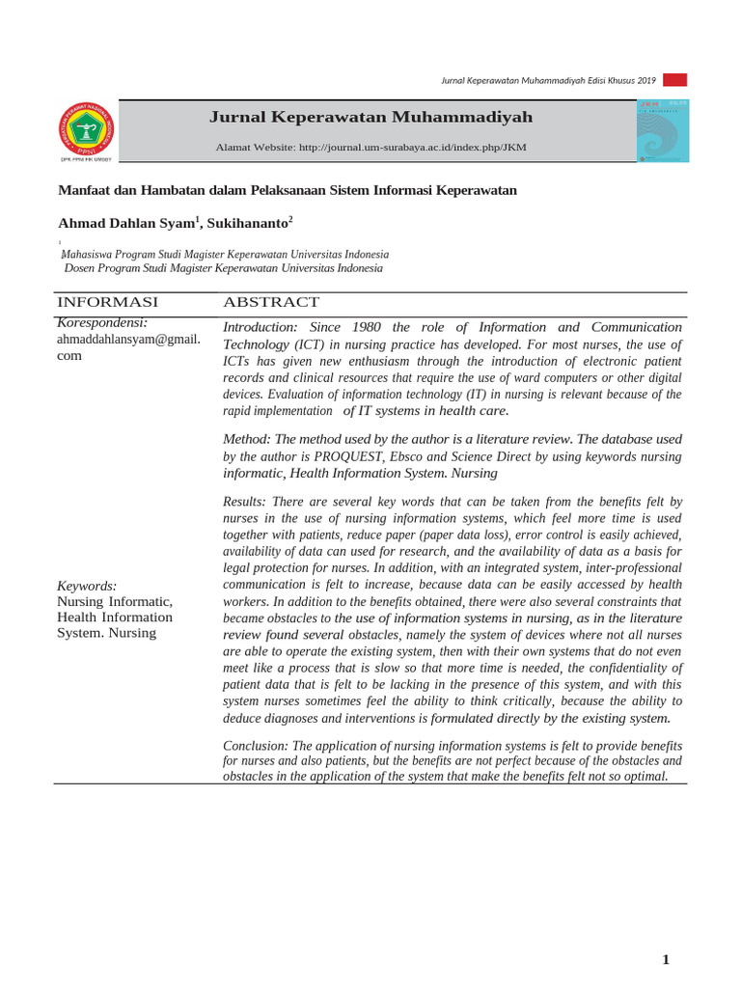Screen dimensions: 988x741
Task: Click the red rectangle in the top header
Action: (674, 80)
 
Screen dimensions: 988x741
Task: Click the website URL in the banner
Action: (413, 148)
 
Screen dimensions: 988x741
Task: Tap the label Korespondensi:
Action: (102, 322)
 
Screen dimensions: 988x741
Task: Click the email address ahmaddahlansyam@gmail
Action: (128, 339)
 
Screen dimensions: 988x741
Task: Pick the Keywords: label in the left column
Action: (87, 586)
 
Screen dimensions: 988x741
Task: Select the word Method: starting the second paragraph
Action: (247, 439)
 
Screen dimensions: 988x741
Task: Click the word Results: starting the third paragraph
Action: (246, 502)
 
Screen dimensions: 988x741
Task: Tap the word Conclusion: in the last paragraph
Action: (256, 746)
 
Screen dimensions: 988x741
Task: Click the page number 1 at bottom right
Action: (666, 959)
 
